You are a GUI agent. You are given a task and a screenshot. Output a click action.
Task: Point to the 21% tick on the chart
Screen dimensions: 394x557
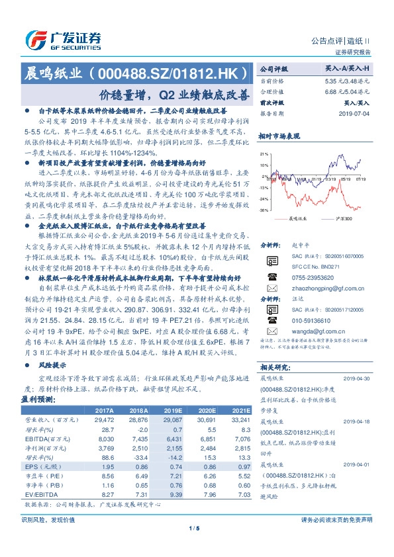(x=263, y=153)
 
